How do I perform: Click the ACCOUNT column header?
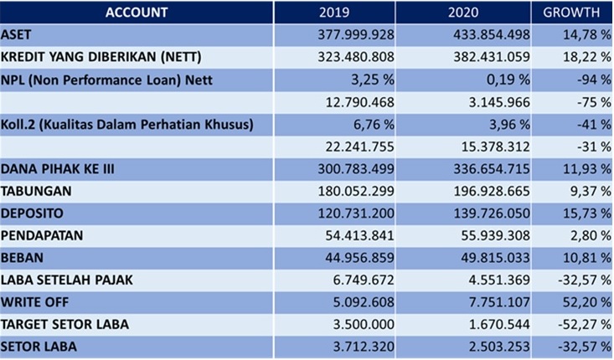(x=137, y=13)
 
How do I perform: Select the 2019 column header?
(x=335, y=13)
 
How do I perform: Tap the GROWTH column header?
(x=571, y=13)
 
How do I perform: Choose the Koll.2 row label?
(x=126, y=126)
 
